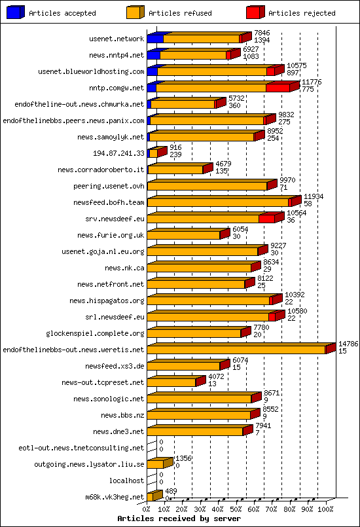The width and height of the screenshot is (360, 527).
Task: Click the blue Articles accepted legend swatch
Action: pyautogui.click(x=16, y=12)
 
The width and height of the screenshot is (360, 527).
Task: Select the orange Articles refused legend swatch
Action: pyautogui.click(x=135, y=12)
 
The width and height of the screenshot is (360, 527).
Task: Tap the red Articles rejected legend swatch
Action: pyautogui.click(x=255, y=12)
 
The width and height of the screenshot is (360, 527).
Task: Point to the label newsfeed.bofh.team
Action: pyautogui.click(x=109, y=202)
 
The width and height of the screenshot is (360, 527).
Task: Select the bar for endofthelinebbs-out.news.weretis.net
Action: pyautogui.click(x=237, y=350)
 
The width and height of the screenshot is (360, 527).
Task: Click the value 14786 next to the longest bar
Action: pyautogui.click(x=348, y=344)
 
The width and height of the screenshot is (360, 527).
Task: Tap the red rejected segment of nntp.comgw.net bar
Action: pyautogui.click(x=278, y=88)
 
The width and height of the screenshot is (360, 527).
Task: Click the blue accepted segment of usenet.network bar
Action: pyautogui.click(x=156, y=39)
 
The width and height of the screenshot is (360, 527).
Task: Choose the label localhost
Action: pyautogui.click(x=127, y=481)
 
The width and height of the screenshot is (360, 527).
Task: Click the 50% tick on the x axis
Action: pyautogui.click(x=236, y=508)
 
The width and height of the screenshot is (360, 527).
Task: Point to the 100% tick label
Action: pyautogui.click(x=325, y=508)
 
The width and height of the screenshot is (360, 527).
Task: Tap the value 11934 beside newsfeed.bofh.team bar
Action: pyautogui.click(x=314, y=196)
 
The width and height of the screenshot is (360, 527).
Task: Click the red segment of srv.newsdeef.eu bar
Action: pyautogui.click(x=266, y=219)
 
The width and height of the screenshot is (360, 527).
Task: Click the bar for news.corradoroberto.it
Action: pyautogui.click(x=175, y=170)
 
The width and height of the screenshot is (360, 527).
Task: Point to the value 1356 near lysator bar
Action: pyautogui.click(x=183, y=458)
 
